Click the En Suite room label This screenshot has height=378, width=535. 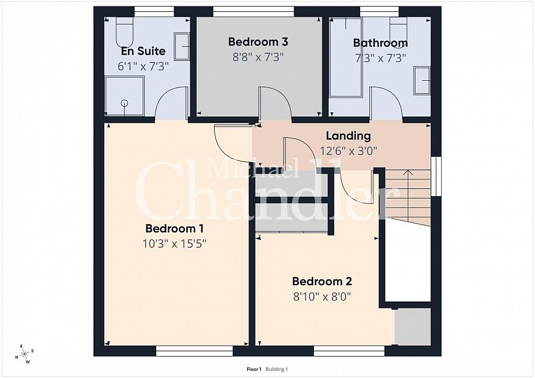(143, 52)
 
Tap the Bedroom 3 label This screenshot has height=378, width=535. (258, 42)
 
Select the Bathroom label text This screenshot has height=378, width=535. (380, 43)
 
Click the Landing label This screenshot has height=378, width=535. (348, 136)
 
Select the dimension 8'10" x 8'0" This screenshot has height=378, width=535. (322, 297)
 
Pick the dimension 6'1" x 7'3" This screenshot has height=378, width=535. (143, 67)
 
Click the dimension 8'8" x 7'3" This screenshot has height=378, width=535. (258, 57)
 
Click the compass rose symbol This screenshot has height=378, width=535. (24, 354)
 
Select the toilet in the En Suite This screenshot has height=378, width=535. (124, 28)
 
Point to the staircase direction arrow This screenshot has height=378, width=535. (408, 174)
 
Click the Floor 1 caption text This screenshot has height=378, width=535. (254, 369)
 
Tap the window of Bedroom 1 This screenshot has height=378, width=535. (181, 351)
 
